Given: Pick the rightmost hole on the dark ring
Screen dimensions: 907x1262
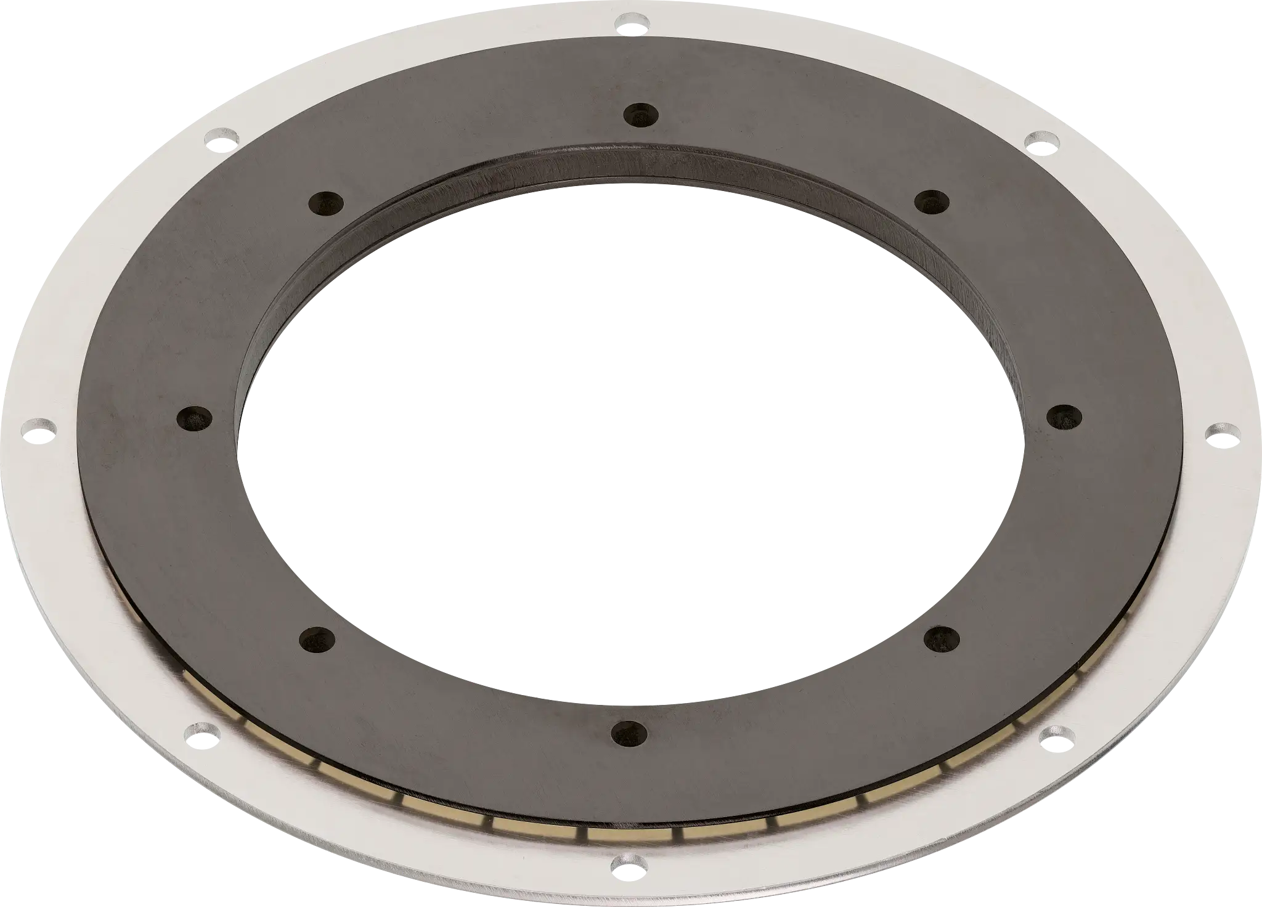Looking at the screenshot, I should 1062,417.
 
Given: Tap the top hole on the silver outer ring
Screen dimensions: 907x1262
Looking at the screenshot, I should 630,23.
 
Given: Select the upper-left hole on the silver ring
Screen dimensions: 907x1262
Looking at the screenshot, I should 222,137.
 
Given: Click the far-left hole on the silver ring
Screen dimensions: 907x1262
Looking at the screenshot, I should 38,428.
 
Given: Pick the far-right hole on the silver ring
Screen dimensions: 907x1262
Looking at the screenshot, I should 1218,431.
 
